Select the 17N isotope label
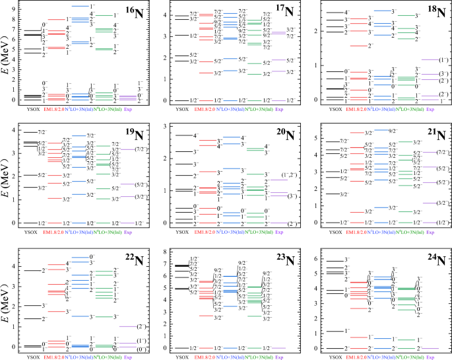click(285, 13)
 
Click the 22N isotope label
click(134, 259)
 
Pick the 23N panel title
click(285, 260)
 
